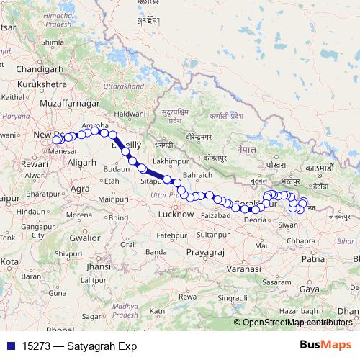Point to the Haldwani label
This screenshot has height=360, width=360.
coord(130,114)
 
